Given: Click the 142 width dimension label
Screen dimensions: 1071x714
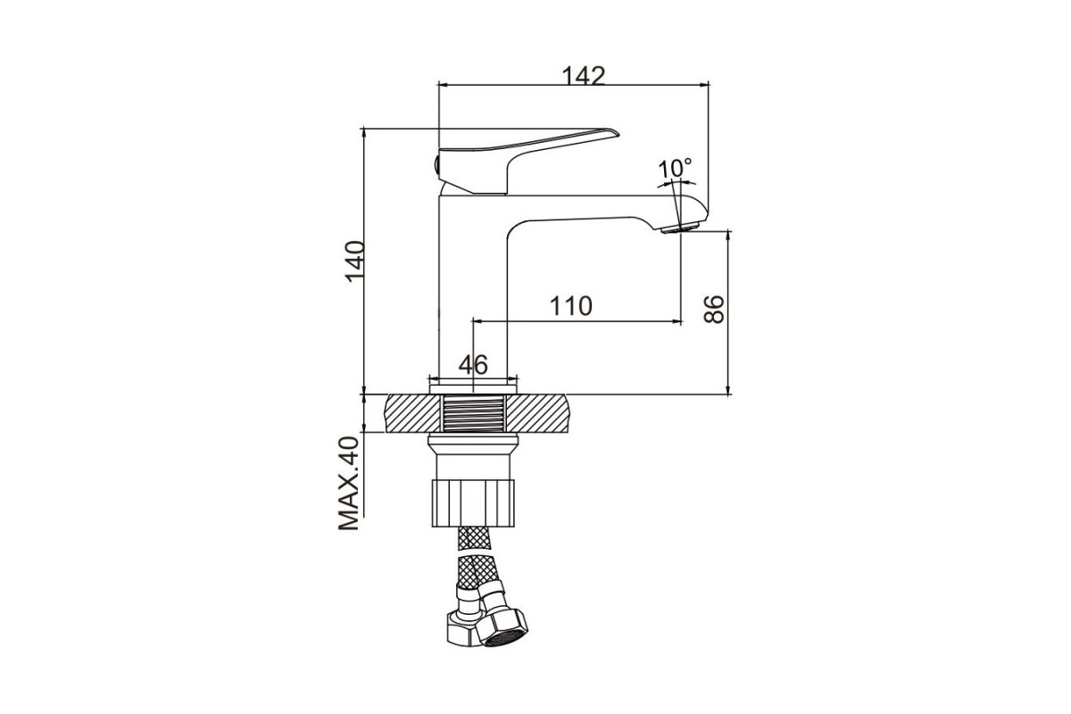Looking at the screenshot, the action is (x=584, y=76).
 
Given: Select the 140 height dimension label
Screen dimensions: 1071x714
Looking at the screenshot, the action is (x=355, y=262).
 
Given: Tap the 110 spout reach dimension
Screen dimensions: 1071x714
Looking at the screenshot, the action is (x=571, y=306).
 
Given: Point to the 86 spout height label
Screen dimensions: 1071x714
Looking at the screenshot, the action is (x=714, y=310).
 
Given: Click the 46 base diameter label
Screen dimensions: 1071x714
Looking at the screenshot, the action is (x=473, y=365).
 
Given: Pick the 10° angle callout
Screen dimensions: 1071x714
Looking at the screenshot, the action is (x=675, y=169).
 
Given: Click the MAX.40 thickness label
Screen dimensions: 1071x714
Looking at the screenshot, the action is (x=349, y=484).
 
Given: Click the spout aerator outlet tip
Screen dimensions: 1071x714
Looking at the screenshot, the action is (x=680, y=228).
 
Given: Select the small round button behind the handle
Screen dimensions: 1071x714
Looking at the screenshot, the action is (x=436, y=165).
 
